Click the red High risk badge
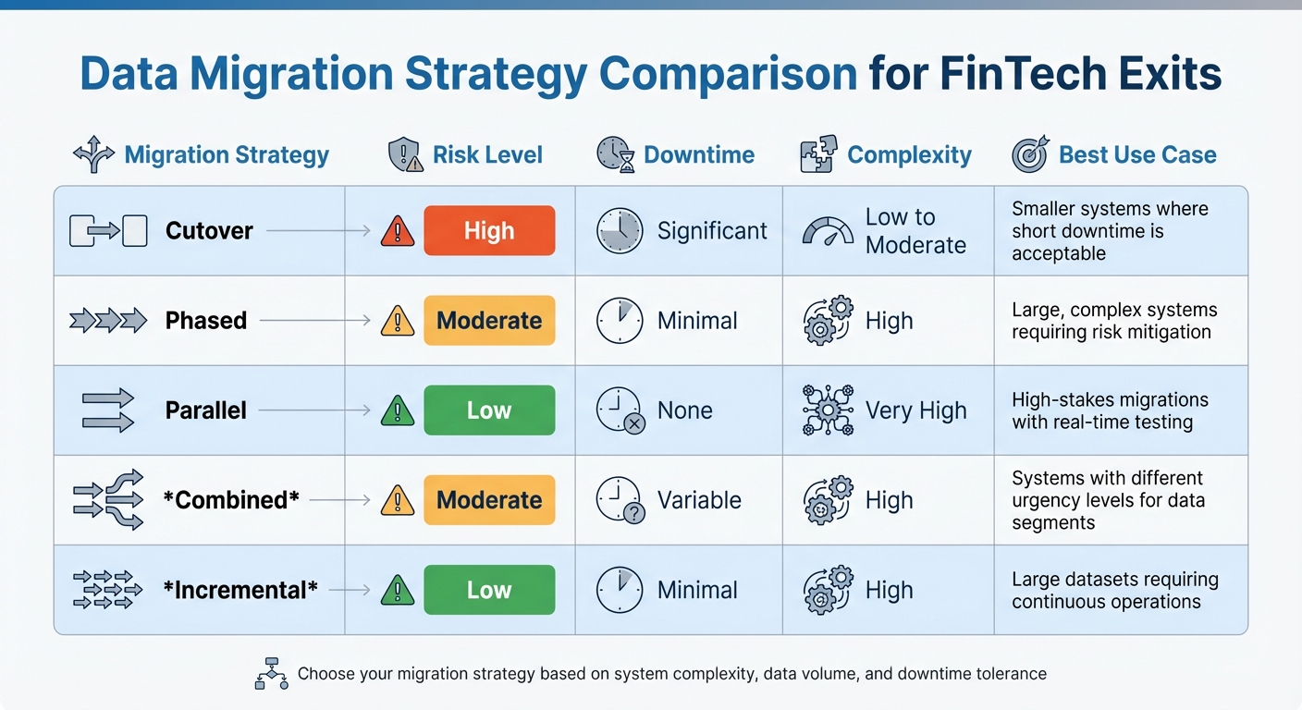pos(489,231)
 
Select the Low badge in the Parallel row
pos(489,410)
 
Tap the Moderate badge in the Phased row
pos(489,321)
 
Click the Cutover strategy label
pos(209,231)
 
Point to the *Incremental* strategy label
pos(240,590)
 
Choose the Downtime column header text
pos(699,155)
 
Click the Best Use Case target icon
pos(1030,154)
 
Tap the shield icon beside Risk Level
pos(405,154)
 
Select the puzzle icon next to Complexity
pos(817,154)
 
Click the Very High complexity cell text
pos(915,410)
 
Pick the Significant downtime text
pos(712,231)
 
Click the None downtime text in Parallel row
pos(684,410)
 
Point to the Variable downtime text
pos(699,500)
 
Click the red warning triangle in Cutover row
pos(398,231)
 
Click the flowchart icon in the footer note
pos(271,673)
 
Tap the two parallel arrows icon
pos(107,410)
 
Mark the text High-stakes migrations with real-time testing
pos(1110,411)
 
